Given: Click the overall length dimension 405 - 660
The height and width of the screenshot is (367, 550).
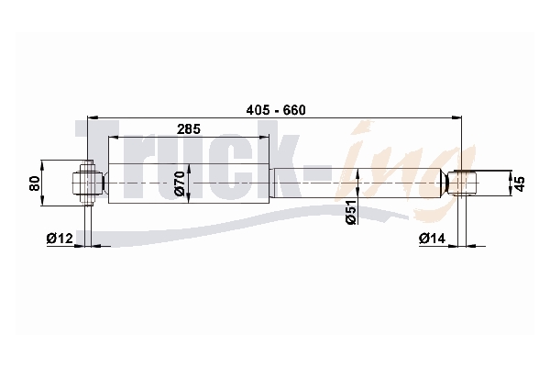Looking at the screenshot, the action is pyautogui.click(x=276, y=110).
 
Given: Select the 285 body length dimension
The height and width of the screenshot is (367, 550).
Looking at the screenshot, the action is pyautogui.click(x=189, y=129).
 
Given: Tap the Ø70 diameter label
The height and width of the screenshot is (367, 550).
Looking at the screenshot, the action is pyautogui.click(x=180, y=183).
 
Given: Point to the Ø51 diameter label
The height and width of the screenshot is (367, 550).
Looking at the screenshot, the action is pyautogui.click(x=351, y=212).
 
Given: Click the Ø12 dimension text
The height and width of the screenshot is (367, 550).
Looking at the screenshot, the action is pyautogui.click(x=60, y=239).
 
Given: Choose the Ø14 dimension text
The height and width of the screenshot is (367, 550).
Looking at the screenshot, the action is pyautogui.click(x=432, y=239).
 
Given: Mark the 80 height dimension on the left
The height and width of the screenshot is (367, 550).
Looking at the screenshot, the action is pyautogui.click(x=35, y=183).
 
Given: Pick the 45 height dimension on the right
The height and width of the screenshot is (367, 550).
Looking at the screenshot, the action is pyautogui.click(x=521, y=183).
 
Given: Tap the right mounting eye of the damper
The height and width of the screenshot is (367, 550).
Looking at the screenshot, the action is pyautogui.click(x=461, y=183).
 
